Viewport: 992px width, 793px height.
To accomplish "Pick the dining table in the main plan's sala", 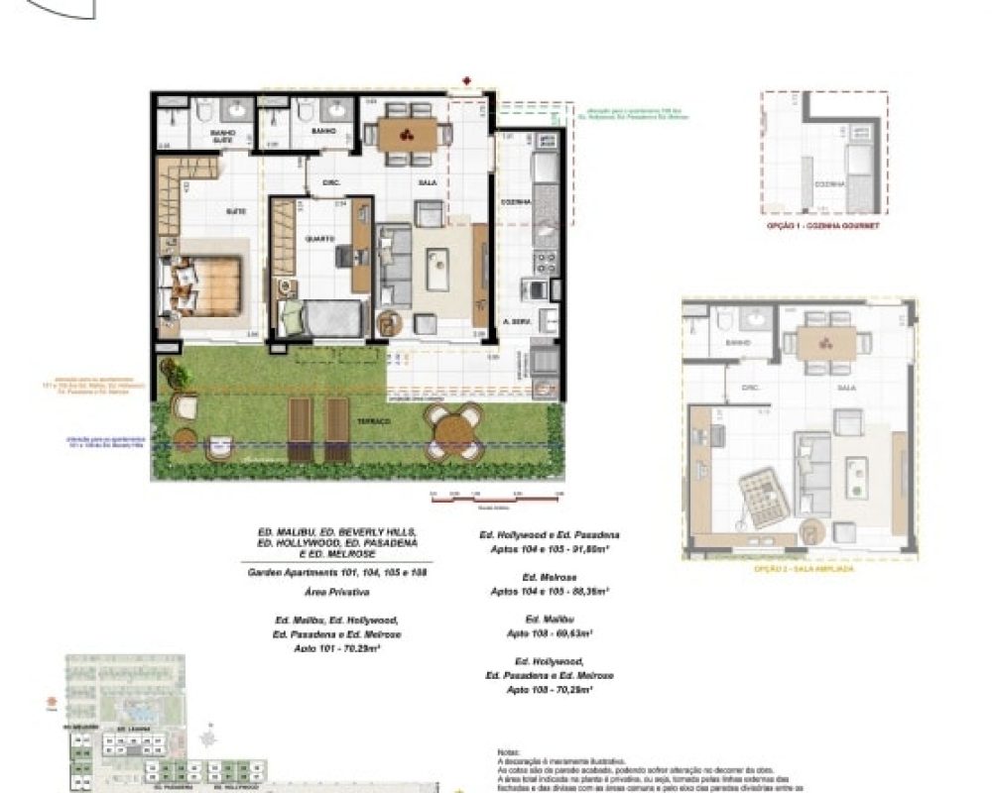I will click(x=408, y=135).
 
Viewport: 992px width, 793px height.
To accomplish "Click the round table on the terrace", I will click(x=454, y=432).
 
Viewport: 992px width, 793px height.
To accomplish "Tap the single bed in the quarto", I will click(x=327, y=318).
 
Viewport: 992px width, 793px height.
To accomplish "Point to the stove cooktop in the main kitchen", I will click(x=544, y=262).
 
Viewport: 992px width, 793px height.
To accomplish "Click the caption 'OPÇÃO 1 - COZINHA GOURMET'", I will click(x=822, y=226).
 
